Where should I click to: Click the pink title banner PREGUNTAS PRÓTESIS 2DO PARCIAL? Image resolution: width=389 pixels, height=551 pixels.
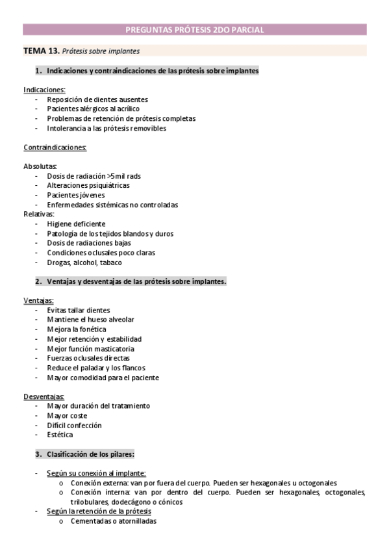(x=194, y=29)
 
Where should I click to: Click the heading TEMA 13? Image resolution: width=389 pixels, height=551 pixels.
(x=42, y=50)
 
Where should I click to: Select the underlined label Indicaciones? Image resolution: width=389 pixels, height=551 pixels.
(x=44, y=90)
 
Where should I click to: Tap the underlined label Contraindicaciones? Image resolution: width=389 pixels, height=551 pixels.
(x=55, y=147)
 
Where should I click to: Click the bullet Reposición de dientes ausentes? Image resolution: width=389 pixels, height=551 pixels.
(x=97, y=99)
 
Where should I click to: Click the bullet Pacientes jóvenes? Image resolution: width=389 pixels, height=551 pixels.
(x=76, y=195)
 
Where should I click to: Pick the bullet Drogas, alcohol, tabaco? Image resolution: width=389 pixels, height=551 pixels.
(x=84, y=263)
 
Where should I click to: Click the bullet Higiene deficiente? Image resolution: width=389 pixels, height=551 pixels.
(x=76, y=224)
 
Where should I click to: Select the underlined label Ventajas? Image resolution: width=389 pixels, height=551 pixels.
(x=39, y=301)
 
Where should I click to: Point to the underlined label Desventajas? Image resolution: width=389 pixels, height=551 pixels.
(x=44, y=396)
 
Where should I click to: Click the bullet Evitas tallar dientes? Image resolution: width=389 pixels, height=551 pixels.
(x=79, y=311)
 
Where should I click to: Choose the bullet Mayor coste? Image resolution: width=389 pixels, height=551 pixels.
(x=67, y=415)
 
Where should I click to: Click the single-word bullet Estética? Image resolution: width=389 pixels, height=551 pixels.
(x=60, y=435)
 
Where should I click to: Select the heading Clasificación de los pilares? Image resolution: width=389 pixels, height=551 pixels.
(x=90, y=454)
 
